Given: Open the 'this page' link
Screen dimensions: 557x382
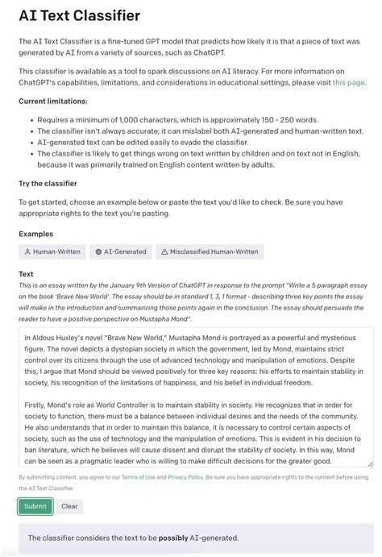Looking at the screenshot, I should (x=348, y=82).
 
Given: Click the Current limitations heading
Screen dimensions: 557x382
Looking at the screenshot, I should (x=53, y=101).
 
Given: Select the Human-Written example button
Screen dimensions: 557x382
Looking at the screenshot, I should (x=52, y=251).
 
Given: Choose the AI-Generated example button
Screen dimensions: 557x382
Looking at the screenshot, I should (x=121, y=251).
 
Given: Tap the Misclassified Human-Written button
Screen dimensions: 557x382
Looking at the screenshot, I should (x=210, y=251).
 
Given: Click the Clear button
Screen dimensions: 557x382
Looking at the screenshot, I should (x=69, y=506).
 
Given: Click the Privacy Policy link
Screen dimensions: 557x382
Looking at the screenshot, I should (x=185, y=477).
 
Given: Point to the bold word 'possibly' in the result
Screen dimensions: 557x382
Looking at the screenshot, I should (x=174, y=538).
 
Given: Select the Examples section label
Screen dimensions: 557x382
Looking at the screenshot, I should (x=37, y=234).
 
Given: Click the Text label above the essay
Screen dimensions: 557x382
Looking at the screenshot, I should (x=26, y=274).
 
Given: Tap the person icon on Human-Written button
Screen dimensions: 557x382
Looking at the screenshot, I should (x=27, y=251).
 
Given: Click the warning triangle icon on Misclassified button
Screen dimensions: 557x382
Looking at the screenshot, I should (x=164, y=251).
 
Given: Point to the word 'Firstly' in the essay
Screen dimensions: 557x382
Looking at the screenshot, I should (x=36, y=406).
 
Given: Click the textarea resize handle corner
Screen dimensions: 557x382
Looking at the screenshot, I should (x=370, y=463).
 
